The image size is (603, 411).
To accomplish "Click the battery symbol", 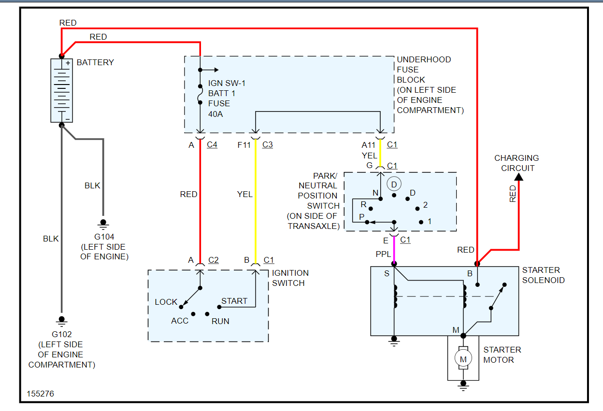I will (x=61, y=90).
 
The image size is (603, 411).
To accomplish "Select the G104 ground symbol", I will (x=103, y=223).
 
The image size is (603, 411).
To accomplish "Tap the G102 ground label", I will (x=61, y=334).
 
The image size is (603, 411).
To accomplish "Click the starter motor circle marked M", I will (x=463, y=359).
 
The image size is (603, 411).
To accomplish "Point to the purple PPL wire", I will (x=394, y=250).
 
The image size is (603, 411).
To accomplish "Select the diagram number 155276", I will (x=41, y=394).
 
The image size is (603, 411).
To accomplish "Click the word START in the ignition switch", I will (x=234, y=301).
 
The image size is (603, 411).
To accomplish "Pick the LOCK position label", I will (x=166, y=302).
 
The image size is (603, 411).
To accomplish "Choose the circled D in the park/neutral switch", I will (x=394, y=184).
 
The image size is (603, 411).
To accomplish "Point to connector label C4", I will (x=212, y=144).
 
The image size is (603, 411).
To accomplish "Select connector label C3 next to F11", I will (x=268, y=144).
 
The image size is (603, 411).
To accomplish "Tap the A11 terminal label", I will (x=368, y=144).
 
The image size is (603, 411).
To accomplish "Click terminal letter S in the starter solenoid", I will (x=387, y=274).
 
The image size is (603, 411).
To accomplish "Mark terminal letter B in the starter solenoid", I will (x=469, y=274).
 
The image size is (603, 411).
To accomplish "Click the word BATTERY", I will (x=95, y=62).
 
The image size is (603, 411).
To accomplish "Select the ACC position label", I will (x=180, y=321).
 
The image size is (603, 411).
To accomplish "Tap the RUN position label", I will (x=220, y=321).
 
